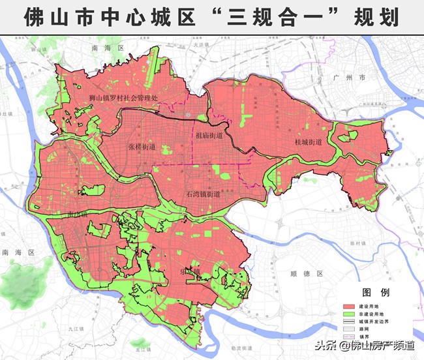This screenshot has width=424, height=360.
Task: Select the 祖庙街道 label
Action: (x=209, y=136)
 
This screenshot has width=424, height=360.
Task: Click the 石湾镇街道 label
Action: (x=203, y=194)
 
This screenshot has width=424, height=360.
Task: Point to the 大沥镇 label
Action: (x=200, y=45)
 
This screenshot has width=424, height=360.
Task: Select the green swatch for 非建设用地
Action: (x=352, y=313)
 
